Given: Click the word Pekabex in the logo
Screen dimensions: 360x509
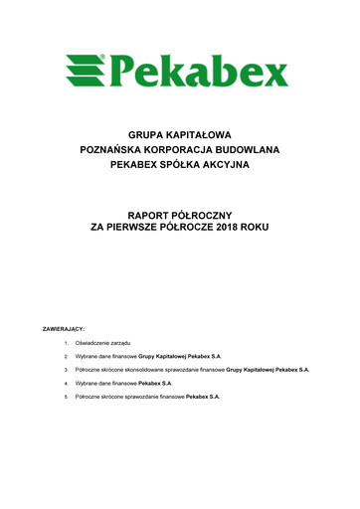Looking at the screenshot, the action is point(199,69).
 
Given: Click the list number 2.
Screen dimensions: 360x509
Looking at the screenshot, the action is point(65,354).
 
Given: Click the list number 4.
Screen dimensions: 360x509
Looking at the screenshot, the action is point(65,382).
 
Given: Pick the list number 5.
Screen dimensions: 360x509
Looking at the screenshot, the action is point(65,396).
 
